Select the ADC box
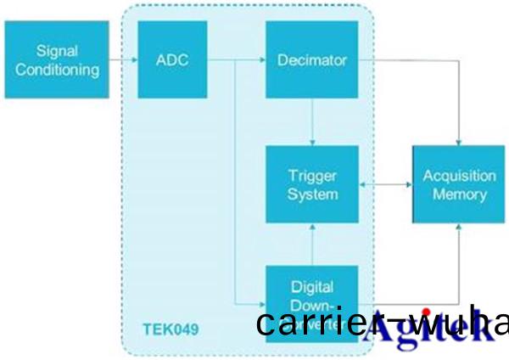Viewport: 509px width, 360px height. coord(172,59)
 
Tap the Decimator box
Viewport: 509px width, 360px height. coord(311,59)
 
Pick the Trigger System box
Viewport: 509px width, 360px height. coord(311,184)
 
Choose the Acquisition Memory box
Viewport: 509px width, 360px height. coord(458,184)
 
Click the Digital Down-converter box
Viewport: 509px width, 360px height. coord(311,293)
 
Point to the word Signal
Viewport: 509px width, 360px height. coord(57,51)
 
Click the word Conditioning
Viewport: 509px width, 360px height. coord(57,69)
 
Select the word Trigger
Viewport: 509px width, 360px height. coord(312,176)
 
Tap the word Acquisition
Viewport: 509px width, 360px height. coord(458,176)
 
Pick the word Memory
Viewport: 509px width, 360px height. coord(458,194)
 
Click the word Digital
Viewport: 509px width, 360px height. coord(312,285)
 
